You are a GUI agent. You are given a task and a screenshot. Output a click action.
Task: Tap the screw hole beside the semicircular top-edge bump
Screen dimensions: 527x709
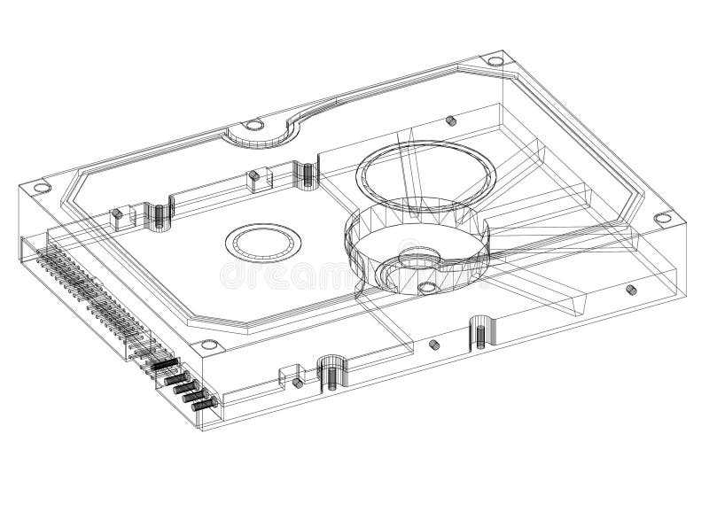click(x=252, y=125)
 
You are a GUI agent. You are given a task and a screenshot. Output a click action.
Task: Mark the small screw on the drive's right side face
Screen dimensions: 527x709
click(x=630, y=290)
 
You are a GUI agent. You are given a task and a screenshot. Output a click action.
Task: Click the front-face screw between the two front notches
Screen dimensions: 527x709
click(x=434, y=345)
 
